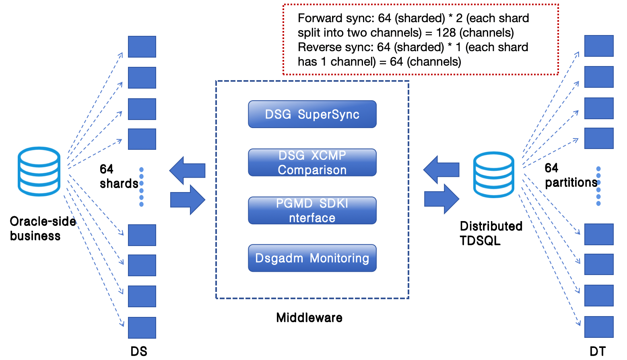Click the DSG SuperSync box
(x=312, y=114)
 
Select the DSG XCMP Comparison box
(x=312, y=163)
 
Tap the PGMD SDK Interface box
(x=312, y=210)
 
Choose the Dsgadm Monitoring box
(x=312, y=258)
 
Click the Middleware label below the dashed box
(x=309, y=318)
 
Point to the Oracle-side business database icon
(x=39, y=171)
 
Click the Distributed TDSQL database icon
(x=493, y=174)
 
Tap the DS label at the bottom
(x=139, y=351)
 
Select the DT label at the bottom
(x=598, y=351)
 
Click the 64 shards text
(x=119, y=176)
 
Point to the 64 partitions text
(x=571, y=176)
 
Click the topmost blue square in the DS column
(x=142, y=46)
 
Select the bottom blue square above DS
(x=142, y=328)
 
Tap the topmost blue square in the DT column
(x=599, y=46)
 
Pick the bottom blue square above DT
(x=599, y=327)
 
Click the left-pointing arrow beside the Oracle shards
(x=187, y=170)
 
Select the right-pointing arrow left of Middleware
(x=188, y=200)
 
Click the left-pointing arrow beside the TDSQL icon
(x=441, y=170)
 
